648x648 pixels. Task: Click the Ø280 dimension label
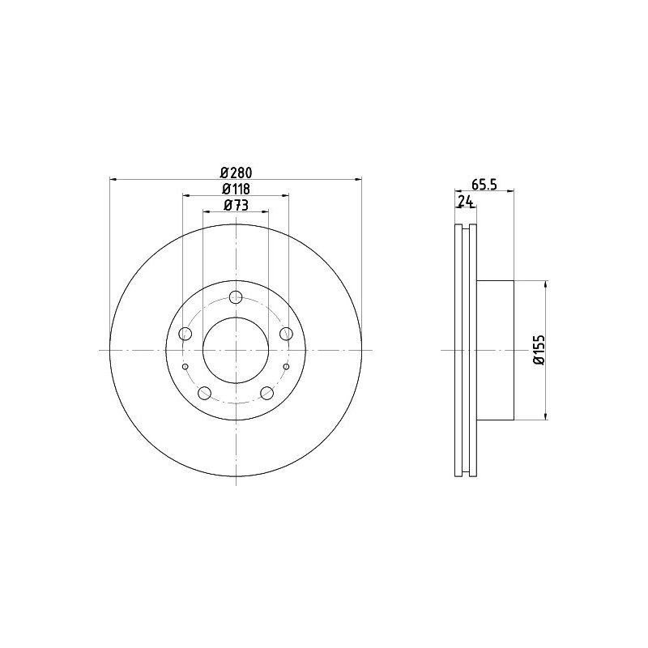[x=236, y=172]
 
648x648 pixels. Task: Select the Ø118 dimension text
[x=236, y=189]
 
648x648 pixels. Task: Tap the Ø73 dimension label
[x=236, y=205]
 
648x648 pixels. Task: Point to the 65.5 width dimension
[x=484, y=185]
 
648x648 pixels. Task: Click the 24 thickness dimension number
[x=465, y=201]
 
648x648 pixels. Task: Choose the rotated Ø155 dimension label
[x=539, y=350]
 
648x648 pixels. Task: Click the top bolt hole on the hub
[x=236, y=296]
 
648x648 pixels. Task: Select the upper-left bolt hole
[x=185, y=334]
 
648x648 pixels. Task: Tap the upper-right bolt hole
[x=286, y=334]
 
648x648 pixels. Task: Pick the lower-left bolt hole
[x=205, y=393]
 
